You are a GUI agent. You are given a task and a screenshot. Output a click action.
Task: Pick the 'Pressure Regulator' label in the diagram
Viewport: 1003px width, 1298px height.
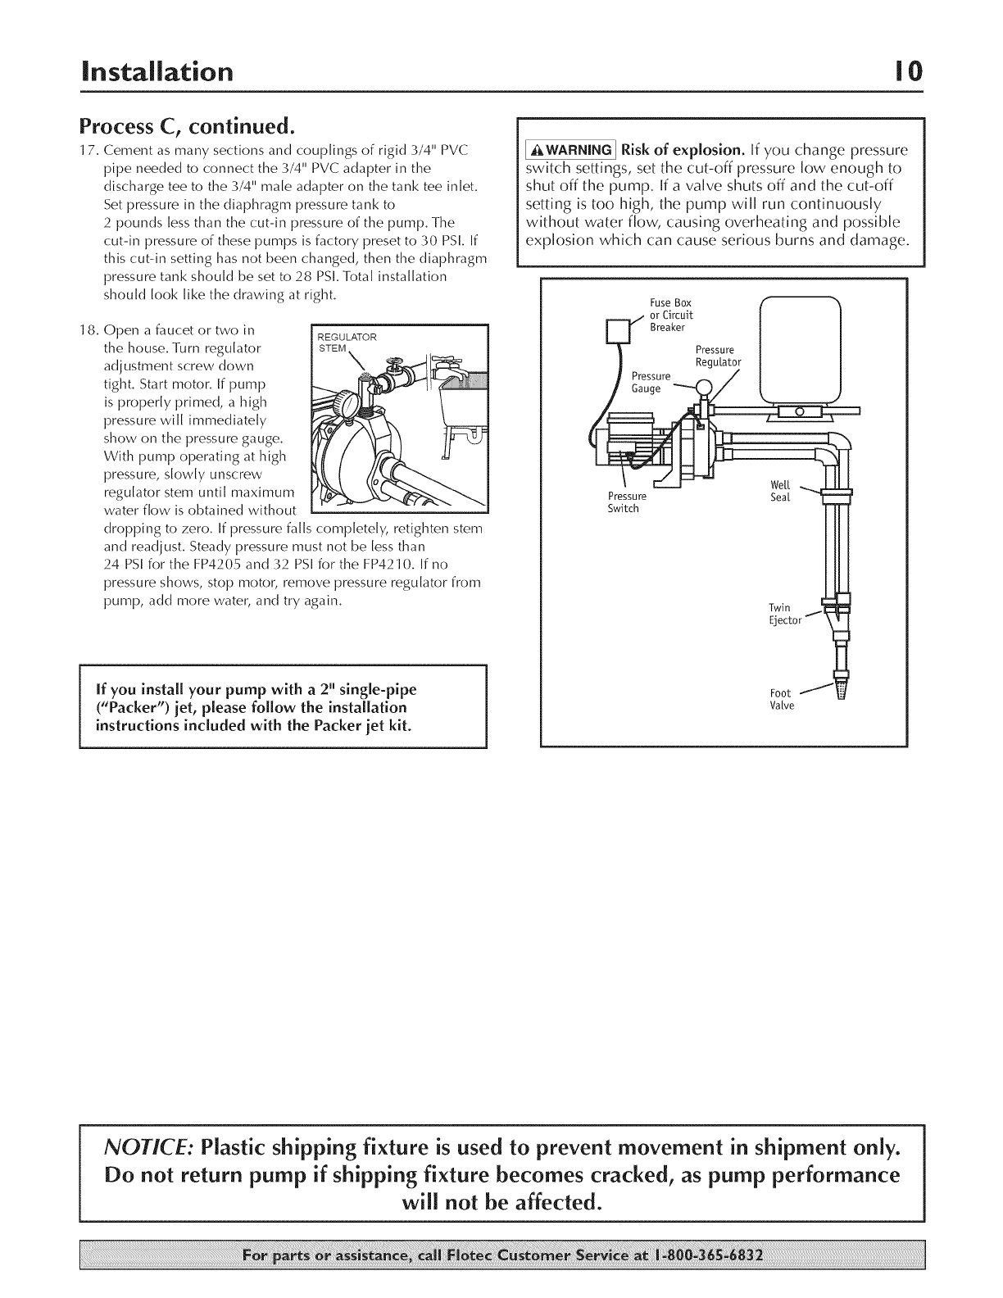coord(718,356)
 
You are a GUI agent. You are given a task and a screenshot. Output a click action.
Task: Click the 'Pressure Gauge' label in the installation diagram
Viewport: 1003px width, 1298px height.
coord(651,382)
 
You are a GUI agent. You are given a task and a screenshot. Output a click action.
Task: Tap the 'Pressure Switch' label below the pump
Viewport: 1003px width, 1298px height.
coord(627,502)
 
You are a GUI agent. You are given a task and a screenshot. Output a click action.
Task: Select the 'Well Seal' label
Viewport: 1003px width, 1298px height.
coord(781,492)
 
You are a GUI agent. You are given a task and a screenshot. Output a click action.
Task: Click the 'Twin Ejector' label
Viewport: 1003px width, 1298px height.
coord(780,613)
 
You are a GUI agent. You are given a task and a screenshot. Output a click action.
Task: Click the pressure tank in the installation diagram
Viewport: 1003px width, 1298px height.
coord(800,344)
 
